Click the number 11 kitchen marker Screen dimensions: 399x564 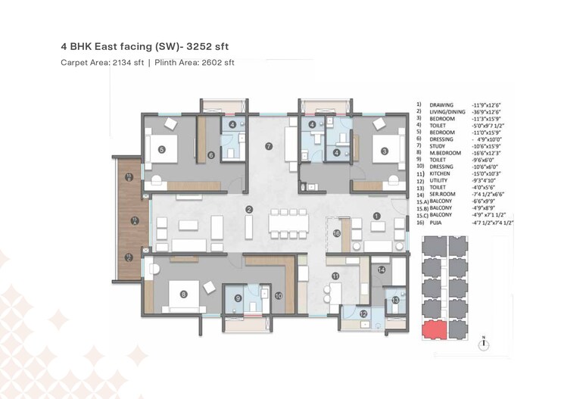tap(335, 277)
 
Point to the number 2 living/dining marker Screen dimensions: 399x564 tap(248, 209)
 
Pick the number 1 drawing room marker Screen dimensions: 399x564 tap(375, 216)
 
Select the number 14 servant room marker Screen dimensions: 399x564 tap(382, 270)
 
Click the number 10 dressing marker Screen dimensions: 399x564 tap(278, 296)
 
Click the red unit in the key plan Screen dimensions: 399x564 tap(434, 329)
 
